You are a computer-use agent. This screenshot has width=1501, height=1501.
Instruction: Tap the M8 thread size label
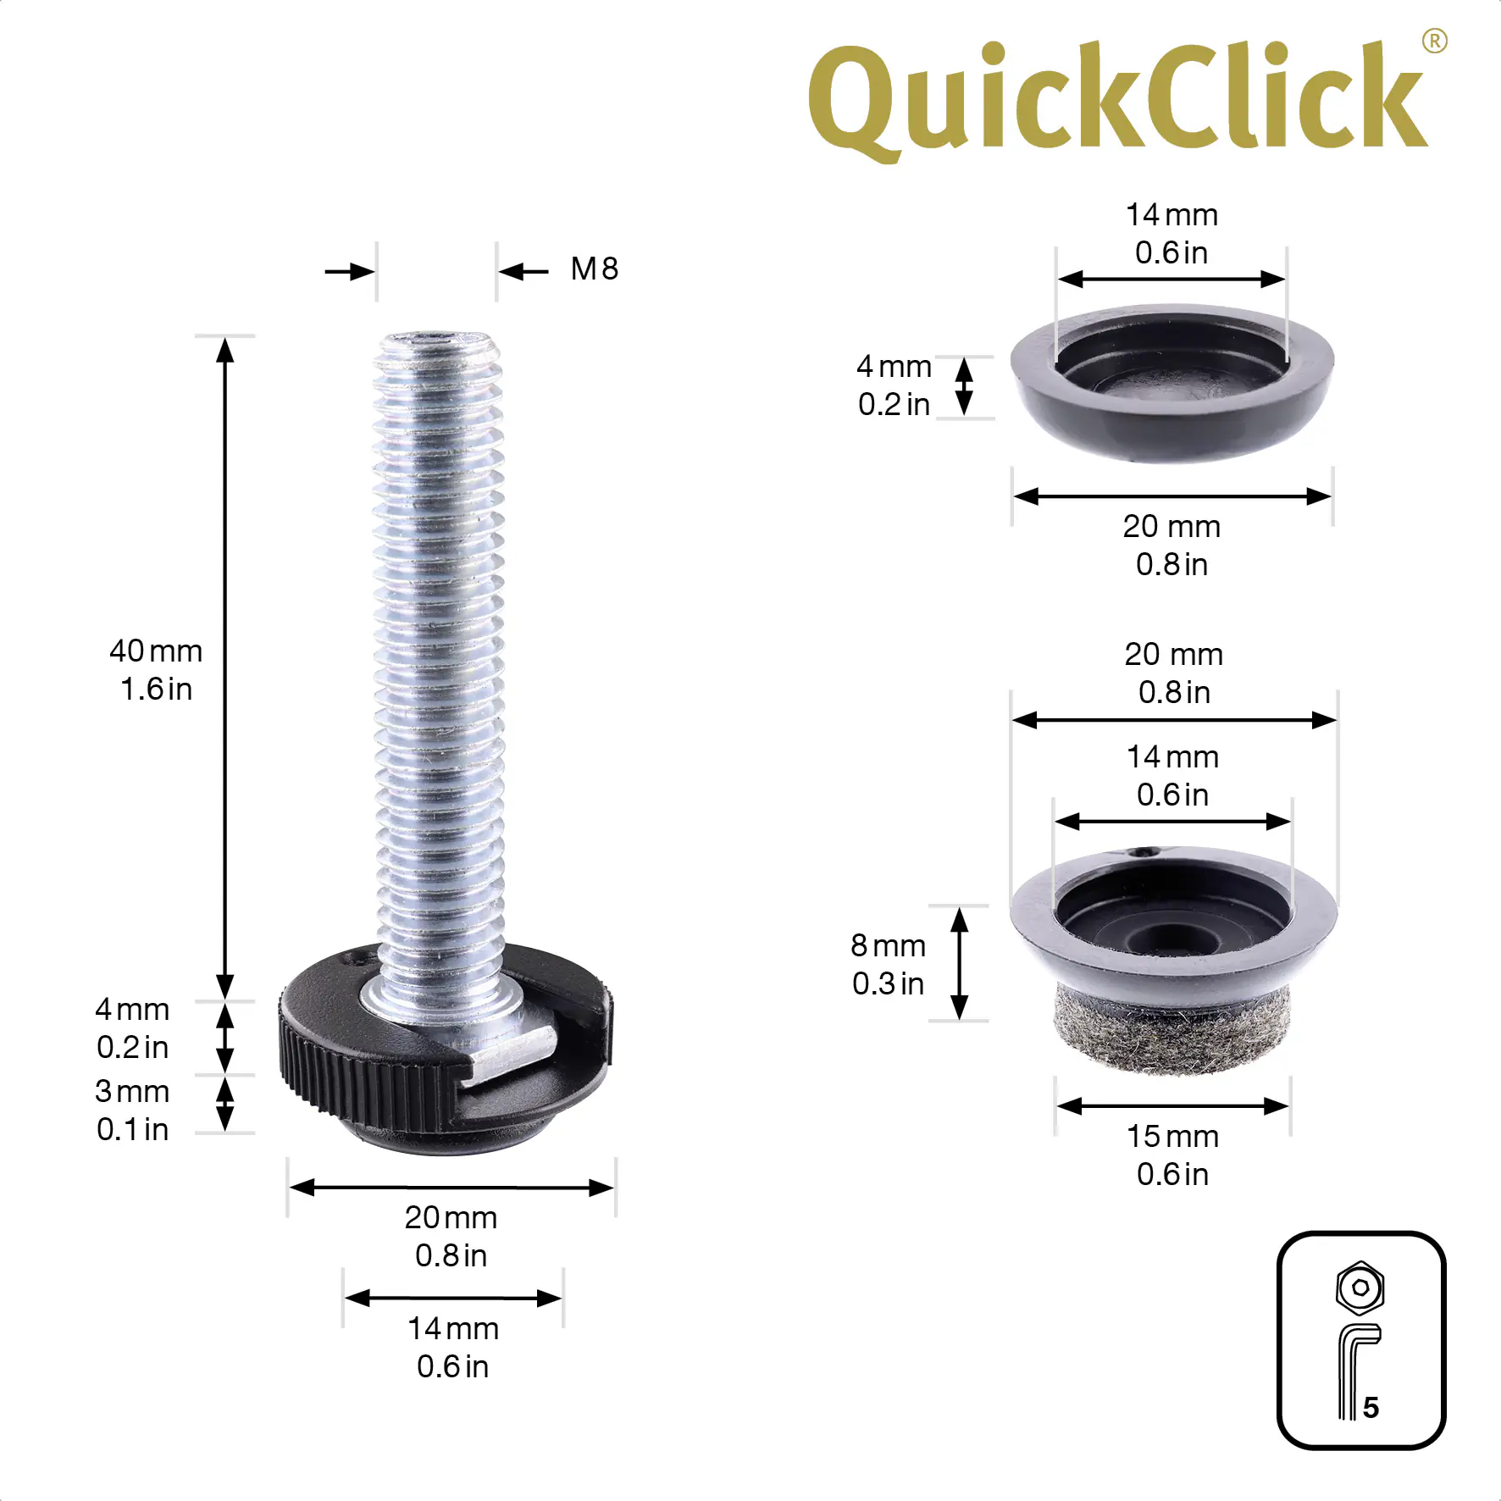pos(595,269)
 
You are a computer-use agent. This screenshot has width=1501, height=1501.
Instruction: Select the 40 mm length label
pos(156,651)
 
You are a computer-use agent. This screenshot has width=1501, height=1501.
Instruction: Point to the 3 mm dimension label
pos(132,1091)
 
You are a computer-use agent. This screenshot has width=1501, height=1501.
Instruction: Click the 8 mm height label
pos(888,945)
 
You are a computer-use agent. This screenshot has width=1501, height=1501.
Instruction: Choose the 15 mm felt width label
pos(1172,1137)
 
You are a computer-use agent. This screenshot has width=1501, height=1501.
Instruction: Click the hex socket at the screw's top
pos(437,340)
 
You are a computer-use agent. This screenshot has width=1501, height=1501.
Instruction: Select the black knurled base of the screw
pos(446,1050)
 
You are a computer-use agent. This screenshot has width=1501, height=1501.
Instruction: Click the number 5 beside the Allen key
pos(1371,1407)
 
